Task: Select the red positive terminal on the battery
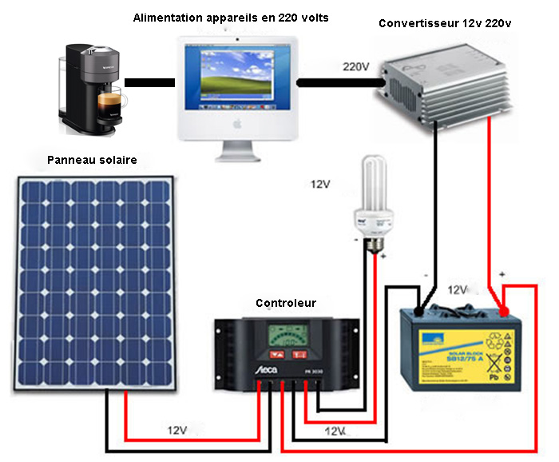(503, 309)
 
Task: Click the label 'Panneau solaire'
(92, 160)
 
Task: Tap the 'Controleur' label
(285, 303)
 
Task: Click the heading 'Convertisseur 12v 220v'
(445, 23)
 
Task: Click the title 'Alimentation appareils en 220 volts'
(231, 17)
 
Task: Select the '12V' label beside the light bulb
(320, 185)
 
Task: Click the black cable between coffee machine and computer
(149, 82)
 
